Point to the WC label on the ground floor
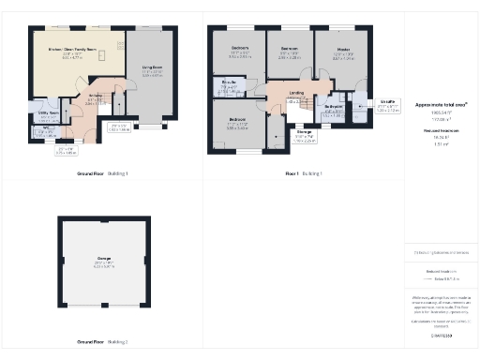click(36, 129)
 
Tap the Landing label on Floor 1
click(296, 93)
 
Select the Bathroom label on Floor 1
click(335, 108)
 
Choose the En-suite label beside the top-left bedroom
click(228, 83)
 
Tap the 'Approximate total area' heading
click(441, 104)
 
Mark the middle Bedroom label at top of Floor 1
click(289, 47)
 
